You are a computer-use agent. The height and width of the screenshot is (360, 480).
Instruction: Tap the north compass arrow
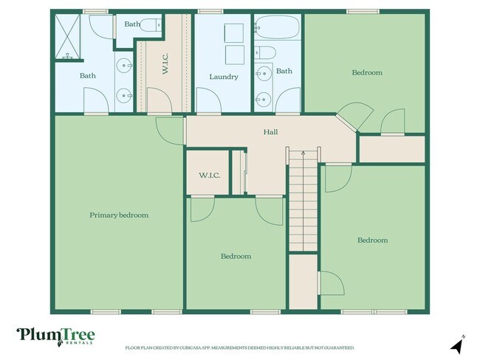tap(457, 343)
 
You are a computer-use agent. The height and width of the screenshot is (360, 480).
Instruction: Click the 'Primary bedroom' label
tap(119, 215)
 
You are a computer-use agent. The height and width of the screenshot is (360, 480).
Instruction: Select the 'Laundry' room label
tap(223, 77)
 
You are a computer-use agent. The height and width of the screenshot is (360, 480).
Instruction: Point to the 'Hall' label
tap(271, 132)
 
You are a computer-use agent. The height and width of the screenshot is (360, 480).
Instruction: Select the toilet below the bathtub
tap(268, 53)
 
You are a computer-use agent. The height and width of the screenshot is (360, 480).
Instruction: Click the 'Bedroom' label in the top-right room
tap(367, 72)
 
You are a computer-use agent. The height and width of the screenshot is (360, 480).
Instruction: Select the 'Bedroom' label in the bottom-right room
tap(372, 240)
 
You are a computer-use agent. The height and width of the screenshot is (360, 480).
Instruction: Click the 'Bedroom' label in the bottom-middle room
tap(236, 256)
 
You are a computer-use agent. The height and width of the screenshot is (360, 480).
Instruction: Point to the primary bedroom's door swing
tap(171, 131)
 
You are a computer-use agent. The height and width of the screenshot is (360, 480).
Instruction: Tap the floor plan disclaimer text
tap(239, 347)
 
